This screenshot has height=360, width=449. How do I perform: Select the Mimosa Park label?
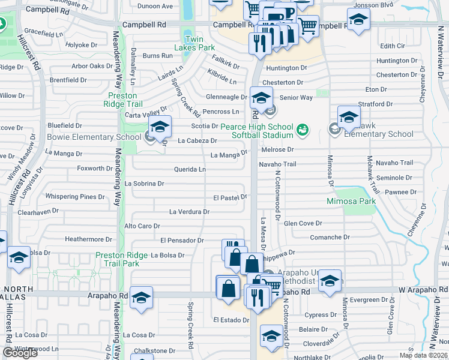351,201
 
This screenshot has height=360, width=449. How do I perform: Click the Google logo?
20,353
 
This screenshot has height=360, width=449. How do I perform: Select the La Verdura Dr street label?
189,212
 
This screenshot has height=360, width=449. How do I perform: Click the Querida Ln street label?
190,170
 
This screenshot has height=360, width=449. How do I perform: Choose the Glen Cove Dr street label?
298,223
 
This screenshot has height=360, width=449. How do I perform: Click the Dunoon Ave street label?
155,6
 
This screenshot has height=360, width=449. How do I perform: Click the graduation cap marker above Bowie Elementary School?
160,127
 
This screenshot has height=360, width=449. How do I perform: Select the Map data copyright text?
424,355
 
